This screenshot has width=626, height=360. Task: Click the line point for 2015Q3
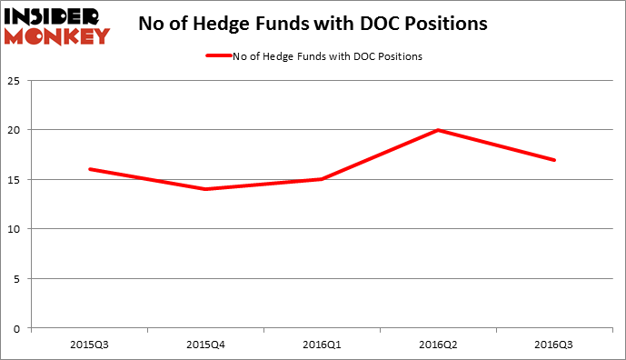(89, 169)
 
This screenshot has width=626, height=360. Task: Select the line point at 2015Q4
(206, 189)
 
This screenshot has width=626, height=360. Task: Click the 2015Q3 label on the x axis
(89, 344)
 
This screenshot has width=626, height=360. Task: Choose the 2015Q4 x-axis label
(206, 344)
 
